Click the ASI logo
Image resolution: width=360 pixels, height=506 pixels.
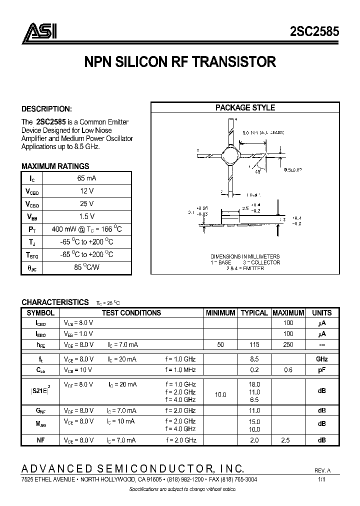(38, 31)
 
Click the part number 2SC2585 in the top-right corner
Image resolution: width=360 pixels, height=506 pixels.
(314, 32)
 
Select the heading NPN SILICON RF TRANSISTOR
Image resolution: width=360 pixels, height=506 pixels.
(179, 62)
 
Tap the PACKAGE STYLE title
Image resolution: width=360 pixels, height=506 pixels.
(245, 107)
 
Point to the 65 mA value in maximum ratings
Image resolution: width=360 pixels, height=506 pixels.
(87, 178)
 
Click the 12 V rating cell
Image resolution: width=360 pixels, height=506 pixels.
(87, 190)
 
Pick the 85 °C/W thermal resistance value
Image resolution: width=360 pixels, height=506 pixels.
(87, 267)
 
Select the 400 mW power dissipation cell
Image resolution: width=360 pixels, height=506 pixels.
(87, 229)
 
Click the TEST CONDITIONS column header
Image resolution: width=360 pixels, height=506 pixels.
(131, 313)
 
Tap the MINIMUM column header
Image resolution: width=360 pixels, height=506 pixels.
(220, 313)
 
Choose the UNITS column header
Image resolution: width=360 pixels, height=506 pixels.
(321, 313)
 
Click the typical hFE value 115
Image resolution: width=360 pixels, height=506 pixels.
(254, 345)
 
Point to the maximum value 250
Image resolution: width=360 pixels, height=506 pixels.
(288, 345)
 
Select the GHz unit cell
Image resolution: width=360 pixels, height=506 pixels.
(321, 359)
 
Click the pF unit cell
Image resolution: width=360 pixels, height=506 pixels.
(321, 369)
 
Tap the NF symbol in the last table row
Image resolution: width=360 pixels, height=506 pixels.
(40, 440)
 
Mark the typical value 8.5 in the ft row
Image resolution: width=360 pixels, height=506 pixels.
(254, 359)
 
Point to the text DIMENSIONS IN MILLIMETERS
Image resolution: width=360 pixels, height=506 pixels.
(244, 256)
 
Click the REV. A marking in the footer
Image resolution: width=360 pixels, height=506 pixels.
(322, 471)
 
